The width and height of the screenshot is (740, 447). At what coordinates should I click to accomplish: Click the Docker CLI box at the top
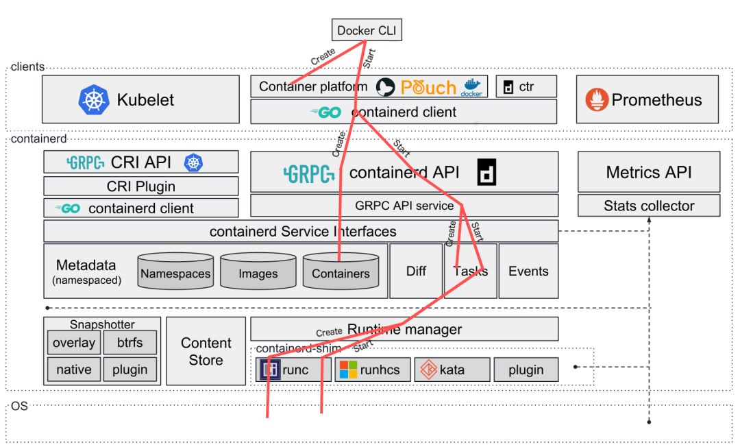pos(367,30)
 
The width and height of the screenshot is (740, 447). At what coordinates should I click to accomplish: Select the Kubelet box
pos(141,99)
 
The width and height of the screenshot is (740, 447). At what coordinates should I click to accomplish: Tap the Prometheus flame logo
pos(597,100)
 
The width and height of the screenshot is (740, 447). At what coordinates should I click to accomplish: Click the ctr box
pos(526,86)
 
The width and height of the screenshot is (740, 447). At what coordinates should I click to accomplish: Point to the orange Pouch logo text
pos(428,87)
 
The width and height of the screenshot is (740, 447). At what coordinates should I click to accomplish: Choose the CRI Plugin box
pos(141,186)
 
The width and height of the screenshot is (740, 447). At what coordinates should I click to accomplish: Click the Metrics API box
pos(648,171)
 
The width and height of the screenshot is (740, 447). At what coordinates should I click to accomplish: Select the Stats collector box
pos(648,206)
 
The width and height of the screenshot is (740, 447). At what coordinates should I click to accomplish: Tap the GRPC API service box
pos(404,205)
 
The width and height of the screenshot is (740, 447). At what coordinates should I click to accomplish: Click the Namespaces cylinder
pos(175,273)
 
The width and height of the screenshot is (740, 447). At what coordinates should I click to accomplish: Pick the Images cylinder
pos(258,273)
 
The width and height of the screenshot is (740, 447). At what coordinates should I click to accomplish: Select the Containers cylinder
pos(341,273)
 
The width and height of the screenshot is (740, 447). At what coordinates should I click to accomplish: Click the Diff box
pos(416,271)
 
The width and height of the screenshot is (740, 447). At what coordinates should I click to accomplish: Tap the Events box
pos(528,271)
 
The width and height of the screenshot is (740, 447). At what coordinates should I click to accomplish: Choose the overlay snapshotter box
pos(74,342)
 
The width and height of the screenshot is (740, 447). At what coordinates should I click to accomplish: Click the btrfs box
pos(129,342)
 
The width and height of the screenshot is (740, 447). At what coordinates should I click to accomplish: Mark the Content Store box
pos(206,351)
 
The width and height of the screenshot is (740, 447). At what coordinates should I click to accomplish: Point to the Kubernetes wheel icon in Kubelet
pos(94,99)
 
